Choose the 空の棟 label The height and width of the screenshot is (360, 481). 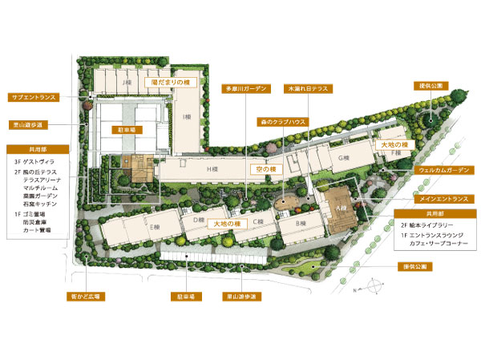coord(265,170)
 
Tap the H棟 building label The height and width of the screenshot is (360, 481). coord(213,170)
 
